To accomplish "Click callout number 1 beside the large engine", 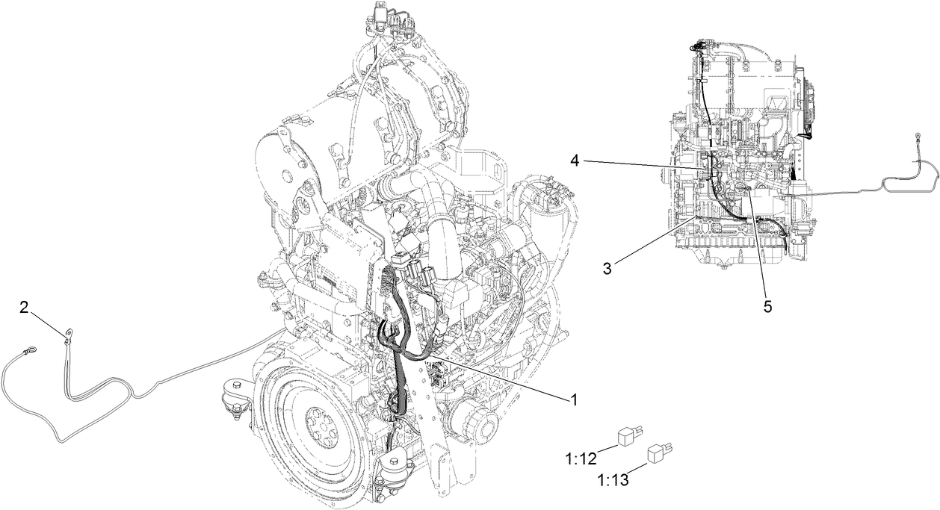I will click(574, 399).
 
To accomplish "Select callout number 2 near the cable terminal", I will click(25, 307).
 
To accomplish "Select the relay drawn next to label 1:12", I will click(629, 436).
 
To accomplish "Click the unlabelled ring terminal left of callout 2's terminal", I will click(31, 348).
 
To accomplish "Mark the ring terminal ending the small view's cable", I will click(915, 137).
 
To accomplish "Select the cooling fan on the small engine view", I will click(803, 101).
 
